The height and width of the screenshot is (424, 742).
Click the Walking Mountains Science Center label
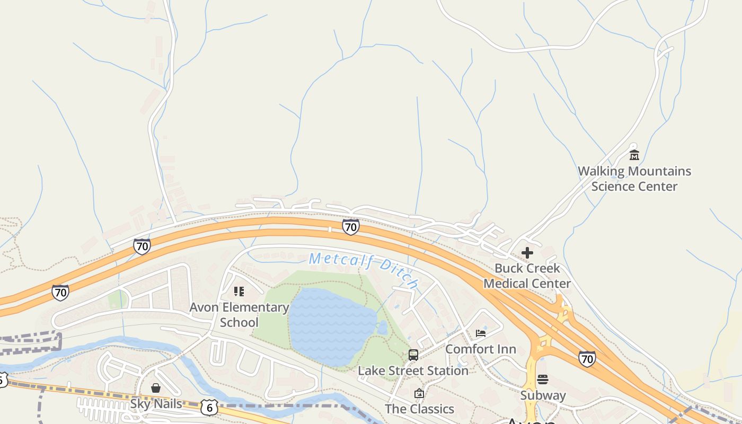tap(634, 179)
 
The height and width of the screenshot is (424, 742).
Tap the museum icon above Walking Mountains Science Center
tap(634, 155)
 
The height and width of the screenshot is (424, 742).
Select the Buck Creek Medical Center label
tap(527, 276)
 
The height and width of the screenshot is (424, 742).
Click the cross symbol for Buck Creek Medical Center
tap(527, 253)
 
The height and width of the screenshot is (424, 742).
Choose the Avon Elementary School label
tap(239, 314)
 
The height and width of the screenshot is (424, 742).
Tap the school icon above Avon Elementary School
tap(239, 291)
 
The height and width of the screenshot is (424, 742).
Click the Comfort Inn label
tap(480, 349)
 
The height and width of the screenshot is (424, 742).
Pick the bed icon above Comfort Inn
tap(481, 333)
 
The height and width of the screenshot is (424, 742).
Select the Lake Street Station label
tap(413, 370)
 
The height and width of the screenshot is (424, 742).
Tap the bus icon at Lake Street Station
tap(413, 355)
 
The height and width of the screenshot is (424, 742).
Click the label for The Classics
tap(419, 409)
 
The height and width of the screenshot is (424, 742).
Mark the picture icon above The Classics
tap(419, 393)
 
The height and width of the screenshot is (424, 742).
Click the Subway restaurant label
tap(543, 395)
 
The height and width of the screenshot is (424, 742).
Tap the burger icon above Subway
tap(543, 379)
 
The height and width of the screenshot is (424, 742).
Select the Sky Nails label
tap(156, 404)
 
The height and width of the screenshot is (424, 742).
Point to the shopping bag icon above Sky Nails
tap(156, 388)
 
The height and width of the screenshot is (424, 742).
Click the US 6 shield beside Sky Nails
tap(209, 408)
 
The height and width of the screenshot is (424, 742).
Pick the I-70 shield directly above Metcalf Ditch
tap(350, 227)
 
